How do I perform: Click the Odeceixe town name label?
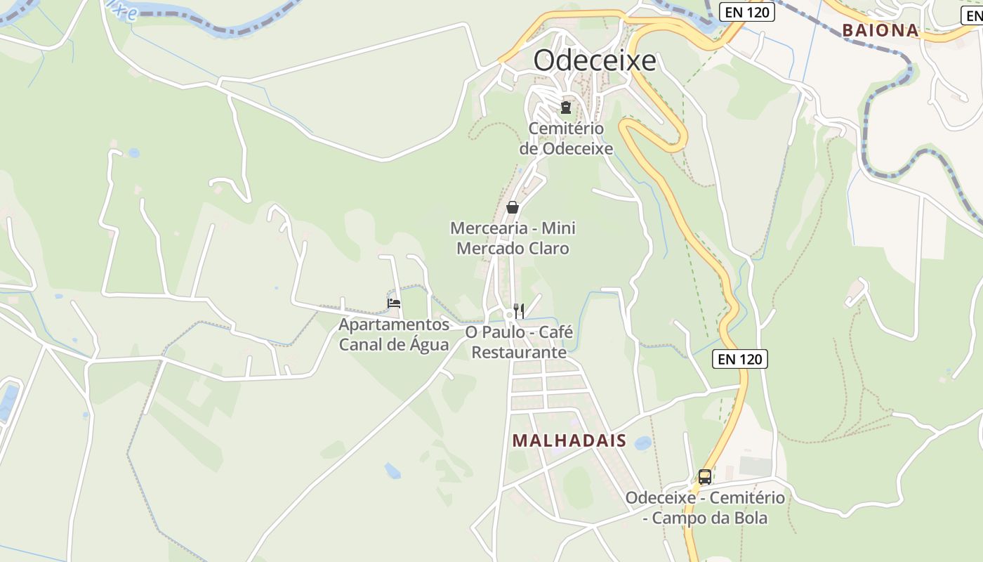(595, 60)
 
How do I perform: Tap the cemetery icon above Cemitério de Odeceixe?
(565, 107)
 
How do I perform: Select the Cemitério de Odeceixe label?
(566, 138)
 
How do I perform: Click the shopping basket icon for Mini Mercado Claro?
(513, 207)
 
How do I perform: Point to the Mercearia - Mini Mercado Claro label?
(513, 238)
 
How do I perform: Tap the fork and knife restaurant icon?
(520, 310)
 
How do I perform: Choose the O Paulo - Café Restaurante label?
(519, 341)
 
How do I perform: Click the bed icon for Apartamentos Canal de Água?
(394, 303)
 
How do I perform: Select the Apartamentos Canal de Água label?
(394, 334)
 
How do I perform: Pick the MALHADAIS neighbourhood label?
(569, 440)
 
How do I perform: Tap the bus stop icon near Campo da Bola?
(705, 477)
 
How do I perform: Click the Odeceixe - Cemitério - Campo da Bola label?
(705, 508)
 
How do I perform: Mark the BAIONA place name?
(880, 30)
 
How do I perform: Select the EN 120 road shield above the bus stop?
(741, 359)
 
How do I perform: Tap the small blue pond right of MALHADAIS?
(642, 443)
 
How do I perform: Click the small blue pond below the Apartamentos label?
(392, 471)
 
